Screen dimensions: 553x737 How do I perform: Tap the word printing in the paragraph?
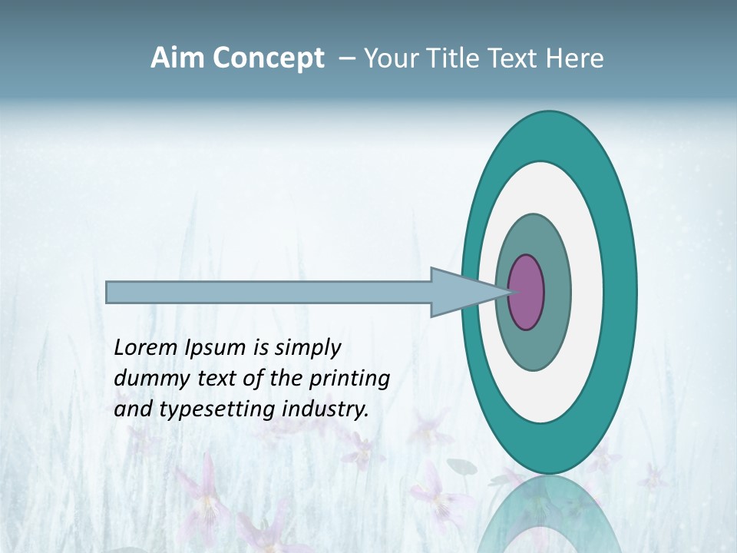pos(349,379)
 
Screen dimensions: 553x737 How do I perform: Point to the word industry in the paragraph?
pos(326,409)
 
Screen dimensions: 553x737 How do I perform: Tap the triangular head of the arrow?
pos(461,292)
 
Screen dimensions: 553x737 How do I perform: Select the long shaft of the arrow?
pos(269,292)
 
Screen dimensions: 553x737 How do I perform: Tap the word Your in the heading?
pos(387,58)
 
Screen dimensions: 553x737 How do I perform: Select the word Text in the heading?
pos(512,58)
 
